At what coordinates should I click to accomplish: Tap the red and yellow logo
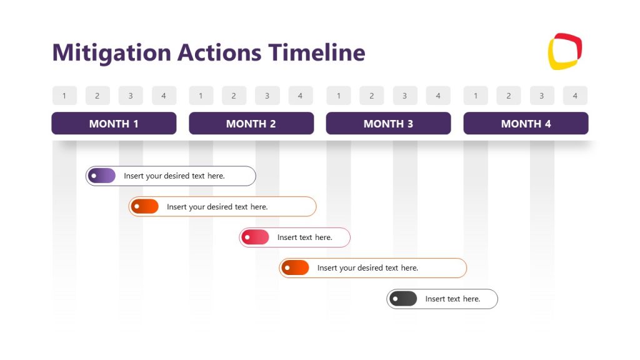point(565,51)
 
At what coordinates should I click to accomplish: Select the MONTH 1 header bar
point(114,124)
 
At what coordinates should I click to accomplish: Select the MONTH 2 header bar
point(251,124)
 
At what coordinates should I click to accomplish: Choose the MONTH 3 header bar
point(388,124)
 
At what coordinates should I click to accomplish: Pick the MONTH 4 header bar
point(526,124)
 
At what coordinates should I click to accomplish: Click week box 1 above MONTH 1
point(64,96)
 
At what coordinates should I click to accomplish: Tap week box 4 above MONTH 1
point(164,96)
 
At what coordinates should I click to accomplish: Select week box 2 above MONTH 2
point(234,96)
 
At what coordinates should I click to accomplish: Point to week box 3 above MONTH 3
point(404,96)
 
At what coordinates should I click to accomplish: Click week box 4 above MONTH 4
point(575,96)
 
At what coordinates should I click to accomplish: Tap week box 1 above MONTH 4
point(476,96)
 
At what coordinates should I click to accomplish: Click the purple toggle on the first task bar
point(102,176)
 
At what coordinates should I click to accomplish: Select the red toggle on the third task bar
point(255,237)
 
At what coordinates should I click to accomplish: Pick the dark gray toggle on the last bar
point(403,299)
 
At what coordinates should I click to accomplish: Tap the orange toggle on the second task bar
point(145,207)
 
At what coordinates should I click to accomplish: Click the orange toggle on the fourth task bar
point(295,268)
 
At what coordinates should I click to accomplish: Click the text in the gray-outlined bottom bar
point(452,299)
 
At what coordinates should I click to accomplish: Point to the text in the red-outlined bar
point(304,237)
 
